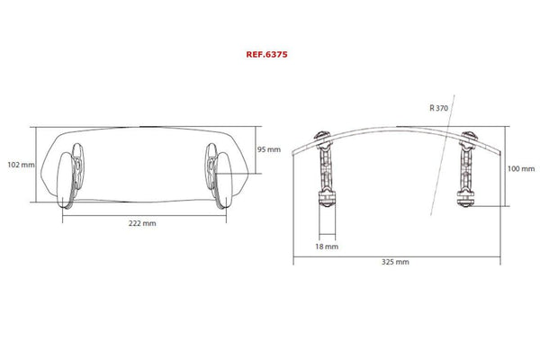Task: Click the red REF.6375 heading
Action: point(266,53)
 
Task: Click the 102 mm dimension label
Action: point(20,165)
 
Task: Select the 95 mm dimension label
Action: point(269,149)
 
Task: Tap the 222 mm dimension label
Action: point(142,223)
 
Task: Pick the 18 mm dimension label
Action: point(327,244)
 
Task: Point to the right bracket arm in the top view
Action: point(468,167)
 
